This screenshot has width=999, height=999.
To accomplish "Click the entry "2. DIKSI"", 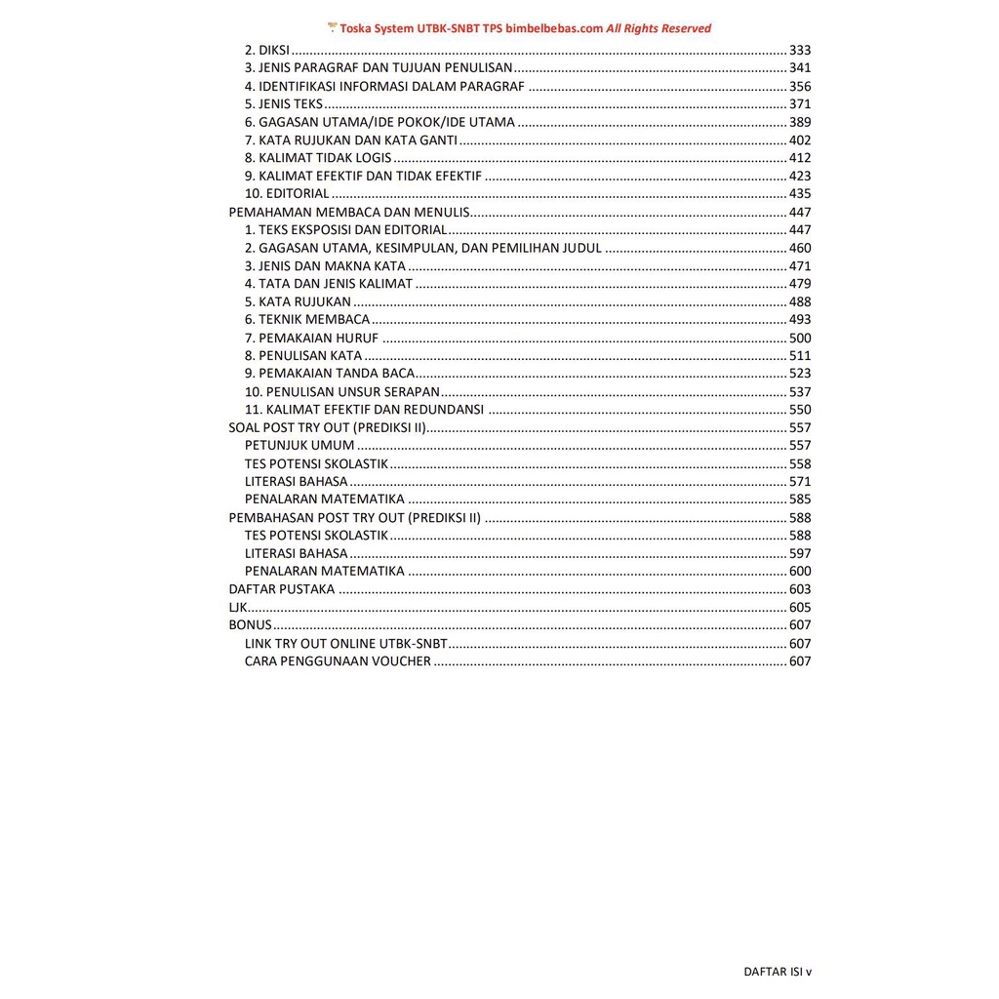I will click(x=267, y=50).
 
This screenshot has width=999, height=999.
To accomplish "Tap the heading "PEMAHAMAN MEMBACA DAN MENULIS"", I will click(x=349, y=212).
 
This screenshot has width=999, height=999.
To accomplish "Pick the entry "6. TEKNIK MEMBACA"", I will click(x=307, y=320).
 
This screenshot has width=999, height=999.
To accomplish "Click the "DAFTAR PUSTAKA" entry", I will click(x=281, y=589).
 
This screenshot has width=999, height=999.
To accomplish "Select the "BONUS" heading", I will click(x=250, y=625).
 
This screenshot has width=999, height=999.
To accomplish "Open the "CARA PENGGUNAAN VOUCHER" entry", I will click(x=338, y=661).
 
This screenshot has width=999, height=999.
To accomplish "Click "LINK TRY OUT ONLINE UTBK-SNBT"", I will click(x=346, y=644).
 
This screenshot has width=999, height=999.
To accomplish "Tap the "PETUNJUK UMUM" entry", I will click(x=300, y=446).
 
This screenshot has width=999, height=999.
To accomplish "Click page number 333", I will click(x=800, y=50).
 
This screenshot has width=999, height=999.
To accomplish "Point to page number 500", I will click(x=800, y=338).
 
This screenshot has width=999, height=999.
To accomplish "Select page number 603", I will click(x=800, y=589).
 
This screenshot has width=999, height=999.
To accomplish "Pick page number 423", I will click(x=800, y=176).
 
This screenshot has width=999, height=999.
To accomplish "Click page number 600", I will click(x=800, y=572).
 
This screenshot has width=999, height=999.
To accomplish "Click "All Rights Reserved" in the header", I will click(x=659, y=28).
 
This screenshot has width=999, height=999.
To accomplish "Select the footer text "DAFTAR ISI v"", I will click(x=778, y=972).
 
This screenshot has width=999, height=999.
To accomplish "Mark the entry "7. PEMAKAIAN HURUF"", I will click(x=311, y=338).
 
